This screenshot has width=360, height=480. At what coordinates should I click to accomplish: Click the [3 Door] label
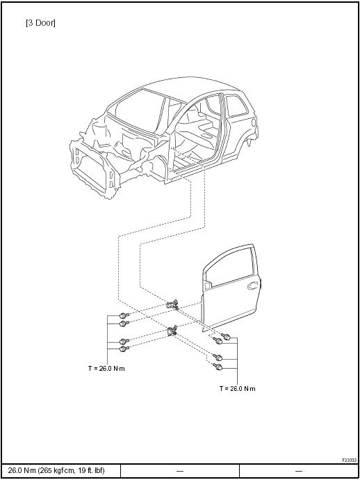(41, 23)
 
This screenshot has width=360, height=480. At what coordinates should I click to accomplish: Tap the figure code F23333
(349, 460)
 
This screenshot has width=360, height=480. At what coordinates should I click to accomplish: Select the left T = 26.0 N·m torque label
(106, 368)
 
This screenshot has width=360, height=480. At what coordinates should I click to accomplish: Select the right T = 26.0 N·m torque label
(237, 388)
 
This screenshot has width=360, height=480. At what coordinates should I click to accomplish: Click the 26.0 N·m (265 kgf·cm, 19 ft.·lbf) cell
(56, 470)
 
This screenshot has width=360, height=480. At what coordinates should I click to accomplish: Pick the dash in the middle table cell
(180, 471)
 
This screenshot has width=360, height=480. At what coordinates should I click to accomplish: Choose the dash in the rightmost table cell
(299, 471)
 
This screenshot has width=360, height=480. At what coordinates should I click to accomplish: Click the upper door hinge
(172, 305)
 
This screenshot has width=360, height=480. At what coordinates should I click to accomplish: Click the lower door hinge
(172, 330)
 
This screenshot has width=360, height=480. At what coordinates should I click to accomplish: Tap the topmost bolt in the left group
(123, 315)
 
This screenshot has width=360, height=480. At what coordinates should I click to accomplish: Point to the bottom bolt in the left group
(123, 349)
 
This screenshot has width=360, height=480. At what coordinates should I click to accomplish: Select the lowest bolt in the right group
(218, 367)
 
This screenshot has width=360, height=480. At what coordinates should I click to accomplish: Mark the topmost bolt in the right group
(226, 337)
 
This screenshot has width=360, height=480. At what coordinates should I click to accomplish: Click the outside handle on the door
(252, 286)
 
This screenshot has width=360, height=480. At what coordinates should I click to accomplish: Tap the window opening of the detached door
(229, 266)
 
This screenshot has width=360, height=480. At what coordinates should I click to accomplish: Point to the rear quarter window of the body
(236, 106)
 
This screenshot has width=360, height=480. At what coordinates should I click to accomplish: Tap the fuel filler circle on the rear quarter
(253, 122)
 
